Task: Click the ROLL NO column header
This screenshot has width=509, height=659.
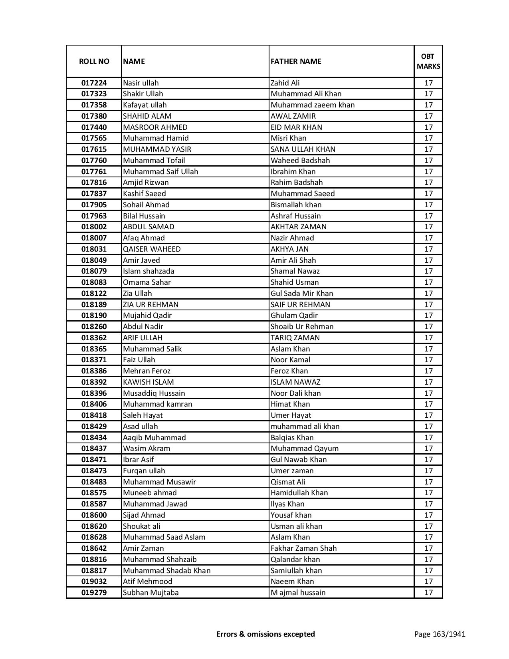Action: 94,61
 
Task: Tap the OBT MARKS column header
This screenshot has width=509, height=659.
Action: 428,61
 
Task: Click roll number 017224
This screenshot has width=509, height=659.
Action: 94,83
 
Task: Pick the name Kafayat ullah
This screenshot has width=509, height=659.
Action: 145,105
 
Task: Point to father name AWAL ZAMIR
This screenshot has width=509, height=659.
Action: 293,116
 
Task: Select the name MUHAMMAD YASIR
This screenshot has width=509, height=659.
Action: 157,149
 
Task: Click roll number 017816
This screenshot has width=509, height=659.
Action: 94,183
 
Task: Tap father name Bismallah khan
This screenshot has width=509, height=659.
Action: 296,205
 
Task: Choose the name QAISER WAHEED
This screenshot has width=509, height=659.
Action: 152,249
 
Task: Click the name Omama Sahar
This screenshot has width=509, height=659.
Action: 147,282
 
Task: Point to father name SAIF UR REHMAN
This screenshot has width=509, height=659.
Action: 300,305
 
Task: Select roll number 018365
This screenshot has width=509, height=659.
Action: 94,349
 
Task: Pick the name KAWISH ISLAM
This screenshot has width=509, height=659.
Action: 148,382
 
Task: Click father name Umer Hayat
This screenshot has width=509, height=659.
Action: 291,415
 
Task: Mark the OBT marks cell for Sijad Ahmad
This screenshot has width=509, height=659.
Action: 428,515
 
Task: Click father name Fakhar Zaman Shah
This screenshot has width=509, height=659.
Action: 303,548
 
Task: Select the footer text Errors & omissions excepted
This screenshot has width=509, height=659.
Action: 265,634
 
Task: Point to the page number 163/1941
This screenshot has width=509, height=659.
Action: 440,634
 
